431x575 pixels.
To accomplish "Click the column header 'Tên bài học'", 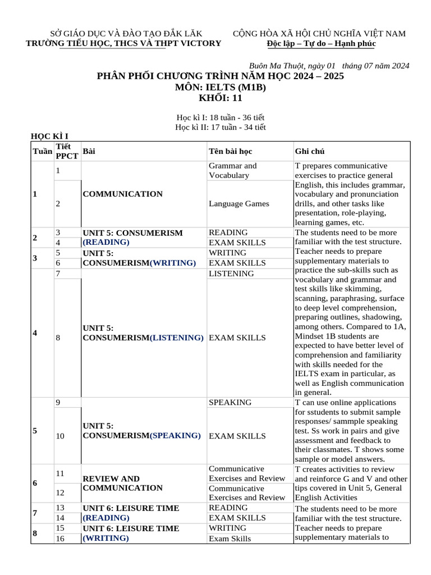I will click(230, 152).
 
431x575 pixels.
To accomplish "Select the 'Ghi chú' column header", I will click(309, 152).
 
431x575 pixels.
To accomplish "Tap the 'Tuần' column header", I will click(42, 152).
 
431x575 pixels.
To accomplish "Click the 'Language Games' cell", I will click(239, 204).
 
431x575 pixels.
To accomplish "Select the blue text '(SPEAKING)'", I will click(175, 435).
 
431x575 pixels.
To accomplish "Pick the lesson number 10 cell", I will click(61, 436).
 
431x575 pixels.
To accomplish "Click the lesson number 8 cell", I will click(58, 338).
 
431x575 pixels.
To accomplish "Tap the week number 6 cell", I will click(35, 483).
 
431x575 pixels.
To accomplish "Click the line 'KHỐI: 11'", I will click(221, 98).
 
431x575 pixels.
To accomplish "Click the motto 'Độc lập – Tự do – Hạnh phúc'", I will click(321, 44).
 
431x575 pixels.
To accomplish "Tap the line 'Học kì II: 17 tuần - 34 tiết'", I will click(220, 127).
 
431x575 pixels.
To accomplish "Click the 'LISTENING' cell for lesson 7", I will click(231, 273).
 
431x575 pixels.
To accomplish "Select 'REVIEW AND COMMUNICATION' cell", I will click(122, 483).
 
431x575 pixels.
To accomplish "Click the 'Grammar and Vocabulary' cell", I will click(232, 171).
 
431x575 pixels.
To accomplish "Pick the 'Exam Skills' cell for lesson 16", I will click(230, 539).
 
